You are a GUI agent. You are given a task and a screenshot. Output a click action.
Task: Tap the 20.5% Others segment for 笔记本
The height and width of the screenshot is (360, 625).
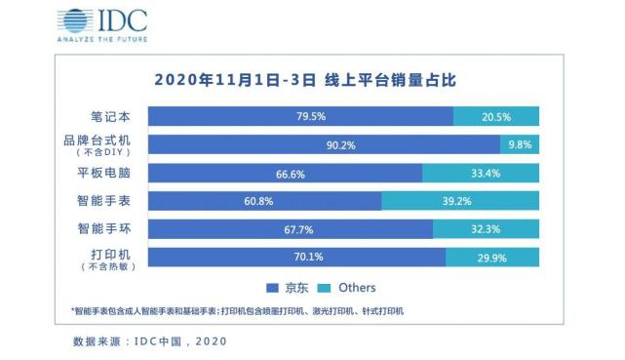point(495,117)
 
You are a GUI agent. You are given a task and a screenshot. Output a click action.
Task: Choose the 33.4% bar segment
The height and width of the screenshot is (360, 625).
point(480,174)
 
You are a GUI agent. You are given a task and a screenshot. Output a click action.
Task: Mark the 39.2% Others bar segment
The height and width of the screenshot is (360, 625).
point(459,202)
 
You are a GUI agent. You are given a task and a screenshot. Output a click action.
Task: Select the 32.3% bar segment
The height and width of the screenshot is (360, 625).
point(485,230)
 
